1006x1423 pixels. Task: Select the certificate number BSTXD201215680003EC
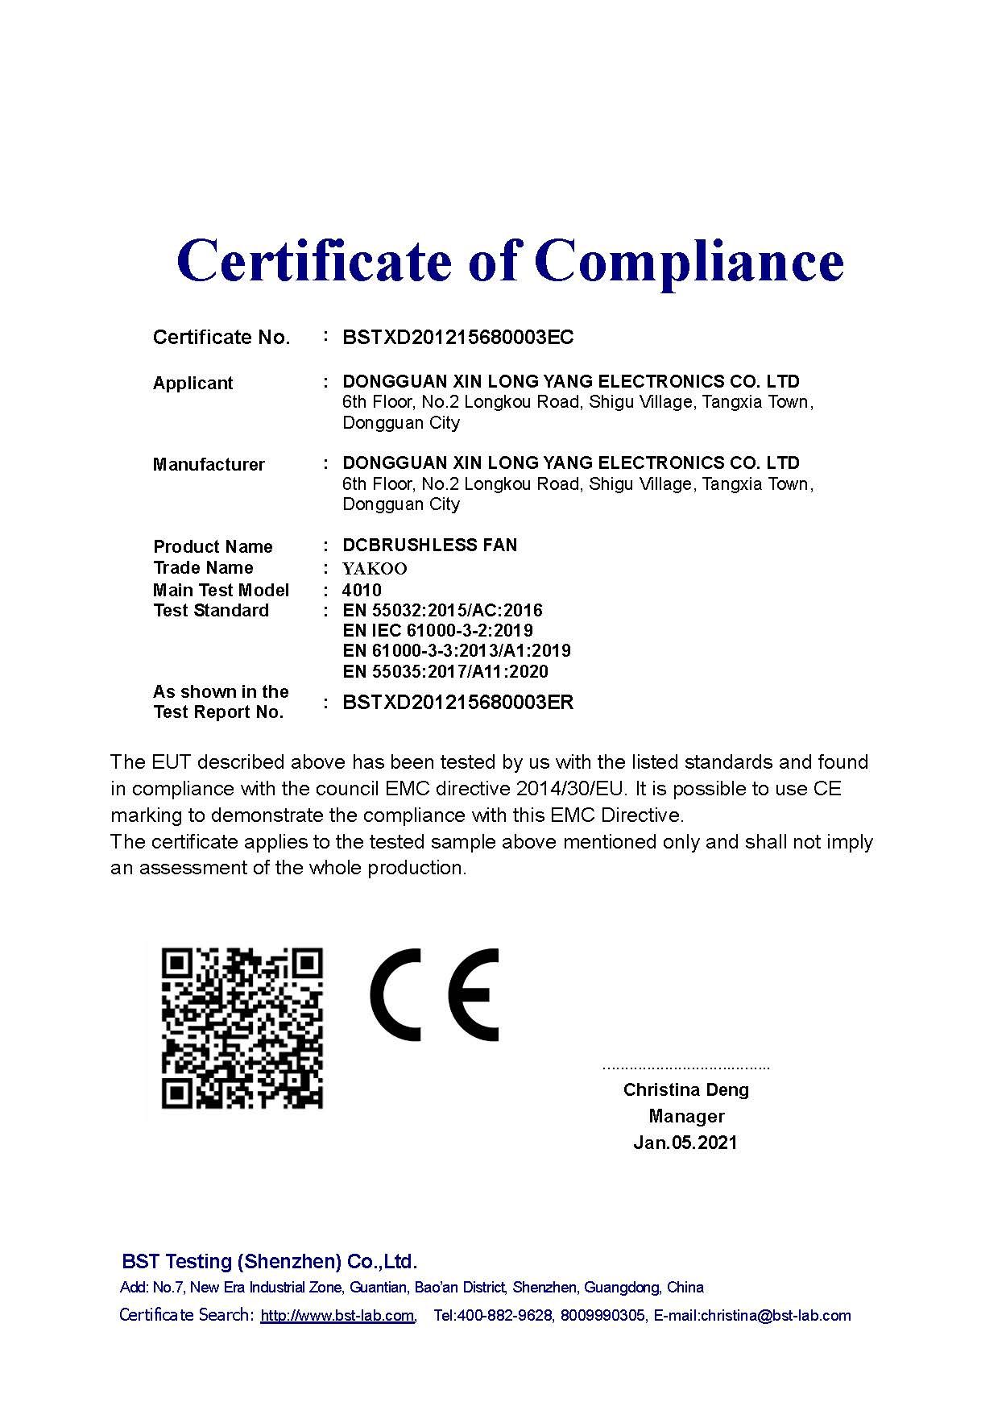pos(457,337)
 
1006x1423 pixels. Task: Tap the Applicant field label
pos(193,383)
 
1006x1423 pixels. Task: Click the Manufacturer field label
pos(209,464)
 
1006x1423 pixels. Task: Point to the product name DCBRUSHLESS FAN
pos(429,545)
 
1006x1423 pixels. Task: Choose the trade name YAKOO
pos(375,569)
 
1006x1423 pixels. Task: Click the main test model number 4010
pos(362,590)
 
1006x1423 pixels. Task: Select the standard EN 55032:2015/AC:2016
pos(442,610)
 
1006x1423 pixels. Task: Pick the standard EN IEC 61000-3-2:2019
pos(437,630)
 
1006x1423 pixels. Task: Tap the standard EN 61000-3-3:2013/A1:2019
pos(456,650)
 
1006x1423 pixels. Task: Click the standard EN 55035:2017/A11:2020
pos(445,671)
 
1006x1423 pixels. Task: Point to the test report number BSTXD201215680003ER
pos(457,702)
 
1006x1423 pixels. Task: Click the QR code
pos(242,1028)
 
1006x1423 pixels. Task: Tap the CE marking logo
pos(434,994)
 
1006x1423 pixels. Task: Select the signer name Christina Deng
pos(685,1089)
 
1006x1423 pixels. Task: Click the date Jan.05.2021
pos(685,1143)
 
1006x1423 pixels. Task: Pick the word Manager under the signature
pos(686,1116)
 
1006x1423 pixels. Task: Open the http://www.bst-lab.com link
pos(337,1316)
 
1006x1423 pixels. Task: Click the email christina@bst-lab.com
pos(775,1316)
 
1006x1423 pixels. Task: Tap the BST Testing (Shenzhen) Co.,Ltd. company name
pos(269,1261)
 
